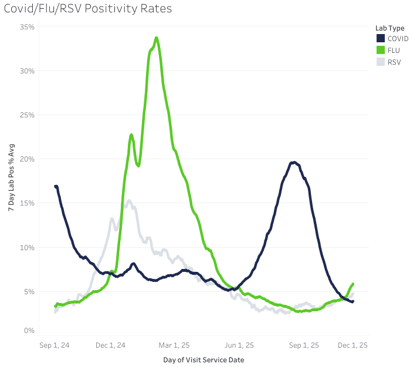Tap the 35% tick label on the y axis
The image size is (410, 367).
(28, 27)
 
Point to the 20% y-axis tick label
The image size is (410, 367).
(28, 159)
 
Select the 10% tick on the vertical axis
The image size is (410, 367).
(28, 247)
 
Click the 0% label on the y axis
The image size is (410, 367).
(30, 331)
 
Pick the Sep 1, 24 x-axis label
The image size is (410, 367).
(55, 345)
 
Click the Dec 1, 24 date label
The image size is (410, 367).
(110, 345)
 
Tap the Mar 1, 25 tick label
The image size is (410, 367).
(174, 345)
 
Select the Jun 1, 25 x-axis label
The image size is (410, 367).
(239, 345)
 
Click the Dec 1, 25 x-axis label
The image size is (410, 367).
(353, 345)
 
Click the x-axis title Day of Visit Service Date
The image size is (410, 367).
(204, 359)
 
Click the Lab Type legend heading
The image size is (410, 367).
(389, 28)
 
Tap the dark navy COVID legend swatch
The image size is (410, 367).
(380, 38)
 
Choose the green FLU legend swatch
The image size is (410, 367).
(380, 50)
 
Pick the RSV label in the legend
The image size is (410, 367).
(394, 62)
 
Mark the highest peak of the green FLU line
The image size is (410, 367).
(157, 38)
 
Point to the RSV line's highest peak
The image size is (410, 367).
(129, 201)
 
